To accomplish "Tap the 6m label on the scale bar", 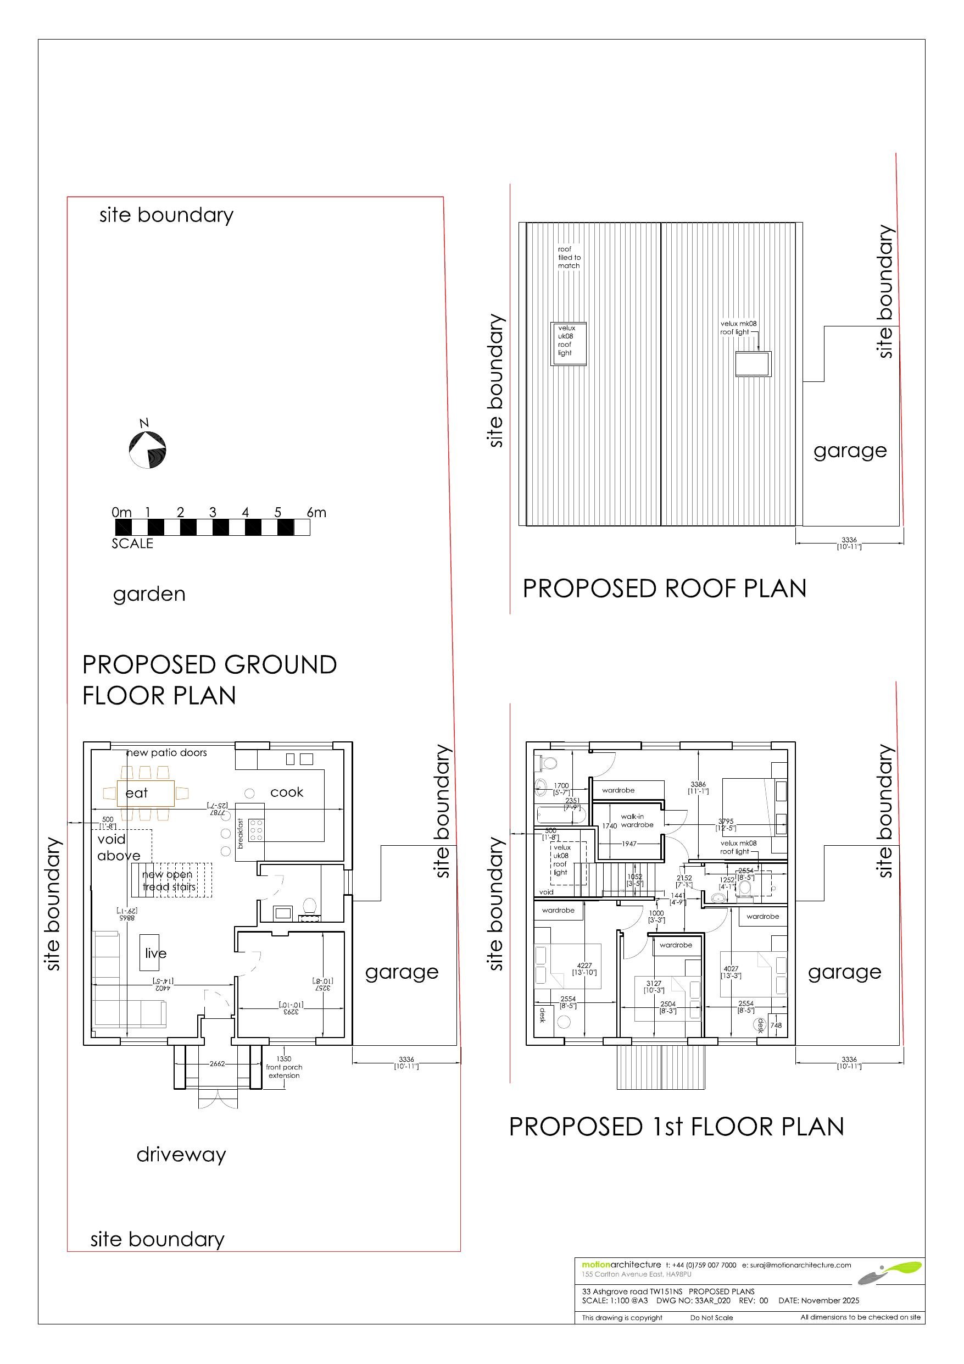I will click(316, 512).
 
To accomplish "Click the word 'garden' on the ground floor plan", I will click(149, 594).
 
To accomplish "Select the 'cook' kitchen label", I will click(286, 792).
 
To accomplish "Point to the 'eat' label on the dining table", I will click(137, 792).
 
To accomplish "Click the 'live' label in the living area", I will click(155, 953).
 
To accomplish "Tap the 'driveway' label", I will click(181, 1154).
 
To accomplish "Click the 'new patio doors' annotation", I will click(167, 753).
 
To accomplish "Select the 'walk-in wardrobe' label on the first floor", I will click(637, 820).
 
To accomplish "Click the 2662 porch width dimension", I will click(218, 1063).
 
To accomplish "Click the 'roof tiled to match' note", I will click(569, 257).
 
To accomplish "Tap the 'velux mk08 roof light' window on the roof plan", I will click(753, 364).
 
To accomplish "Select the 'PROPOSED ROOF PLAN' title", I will click(664, 589).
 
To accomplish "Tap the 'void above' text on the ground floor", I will click(119, 847).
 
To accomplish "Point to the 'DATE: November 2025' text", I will click(818, 1300).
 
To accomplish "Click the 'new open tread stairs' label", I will click(168, 880).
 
